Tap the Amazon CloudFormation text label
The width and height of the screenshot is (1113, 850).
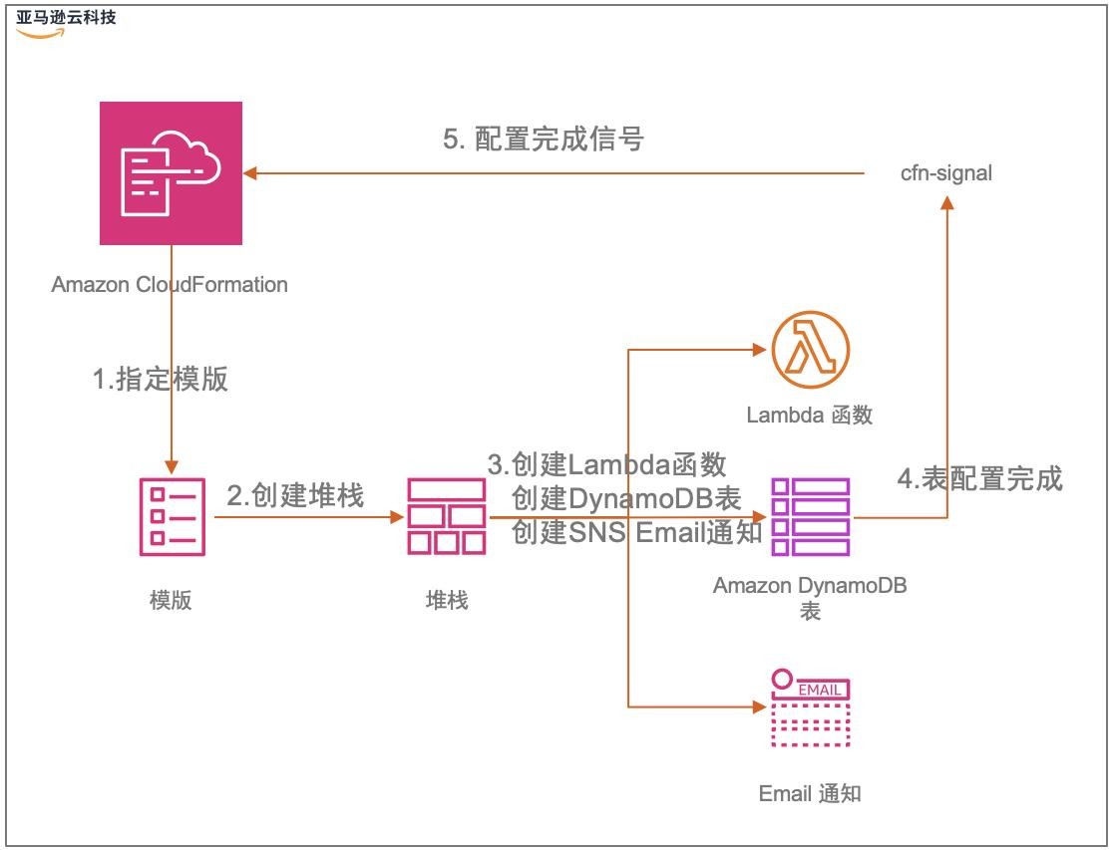170,285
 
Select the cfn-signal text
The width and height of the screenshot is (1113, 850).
945,173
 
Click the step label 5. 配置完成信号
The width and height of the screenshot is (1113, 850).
544,140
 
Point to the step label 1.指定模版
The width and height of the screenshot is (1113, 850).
161,380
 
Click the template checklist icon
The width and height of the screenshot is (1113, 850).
172,516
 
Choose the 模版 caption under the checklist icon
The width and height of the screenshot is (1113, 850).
171,600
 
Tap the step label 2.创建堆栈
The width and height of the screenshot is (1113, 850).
296,495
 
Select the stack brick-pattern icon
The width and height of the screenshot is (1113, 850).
446,516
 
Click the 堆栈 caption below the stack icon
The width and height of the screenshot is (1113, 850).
446,600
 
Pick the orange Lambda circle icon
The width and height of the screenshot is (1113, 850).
810,350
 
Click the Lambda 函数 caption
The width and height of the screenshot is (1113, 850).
810,415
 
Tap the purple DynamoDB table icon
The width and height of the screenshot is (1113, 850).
810,516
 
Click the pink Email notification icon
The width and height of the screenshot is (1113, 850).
810,708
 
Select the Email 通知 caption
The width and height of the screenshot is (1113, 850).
810,793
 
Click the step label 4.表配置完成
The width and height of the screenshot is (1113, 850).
980,479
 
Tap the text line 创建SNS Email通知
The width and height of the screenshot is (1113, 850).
636,532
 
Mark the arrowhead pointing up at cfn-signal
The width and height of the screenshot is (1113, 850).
946,202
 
